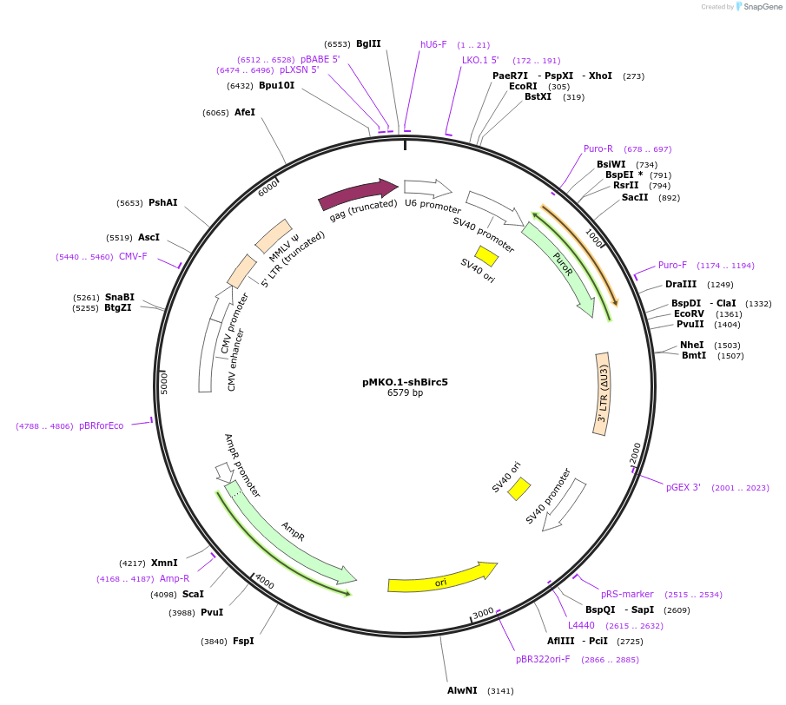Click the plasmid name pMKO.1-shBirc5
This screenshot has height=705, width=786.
(x=405, y=381)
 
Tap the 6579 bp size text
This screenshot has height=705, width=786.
(x=405, y=393)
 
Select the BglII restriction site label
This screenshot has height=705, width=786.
(x=368, y=43)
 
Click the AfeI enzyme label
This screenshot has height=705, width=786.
(x=245, y=113)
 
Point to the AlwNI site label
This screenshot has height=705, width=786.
(x=462, y=691)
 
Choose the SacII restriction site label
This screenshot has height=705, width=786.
(x=635, y=197)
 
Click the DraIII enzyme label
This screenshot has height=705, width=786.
(x=681, y=284)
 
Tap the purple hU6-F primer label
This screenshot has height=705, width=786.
(x=433, y=44)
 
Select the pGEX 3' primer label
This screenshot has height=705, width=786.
(x=684, y=487)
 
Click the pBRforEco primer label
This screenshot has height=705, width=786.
(x=102, y=425)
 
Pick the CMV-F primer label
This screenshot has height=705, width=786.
(x=133, y=256)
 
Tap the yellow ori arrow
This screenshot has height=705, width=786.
(x=442, y=577)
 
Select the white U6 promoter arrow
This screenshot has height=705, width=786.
(x=427, y=188)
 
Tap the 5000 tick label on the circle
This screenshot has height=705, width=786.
(x=165, y=383)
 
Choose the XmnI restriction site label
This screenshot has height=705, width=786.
(x=164, y=563)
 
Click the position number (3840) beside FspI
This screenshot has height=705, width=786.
(x=214, y=642)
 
